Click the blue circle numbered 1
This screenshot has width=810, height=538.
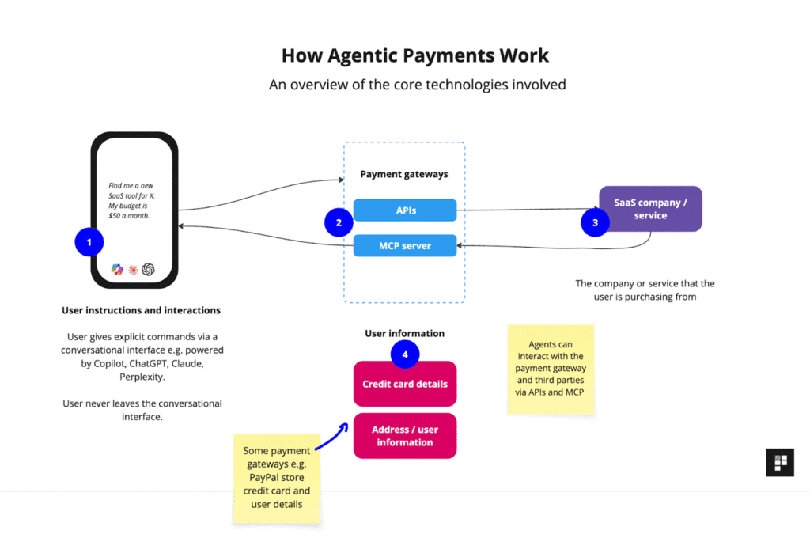pyautogui.click(x=89, y=242)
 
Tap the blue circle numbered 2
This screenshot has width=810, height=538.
pyautogui.click(x=339, y=222)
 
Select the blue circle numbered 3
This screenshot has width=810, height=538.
pyautogui.click(x=595, y=222)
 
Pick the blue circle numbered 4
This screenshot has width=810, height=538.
pyautogui.click(x=404, y=354)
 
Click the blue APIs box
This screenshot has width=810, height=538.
pyautogui.click(x=404, y=210)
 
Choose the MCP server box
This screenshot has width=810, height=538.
pyautogui.click(x=404, y=245)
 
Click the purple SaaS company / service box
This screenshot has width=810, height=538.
pyautogui.click(x=650, y=209)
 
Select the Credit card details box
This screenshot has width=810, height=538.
pyautogui.click(x=404, y=384)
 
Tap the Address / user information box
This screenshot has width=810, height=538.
pyautogui.click(x=404, y=436)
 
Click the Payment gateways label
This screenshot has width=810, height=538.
pyautogui.click(x=404, y=174)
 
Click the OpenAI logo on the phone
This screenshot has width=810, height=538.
pyautogui.click(x=148, y=269)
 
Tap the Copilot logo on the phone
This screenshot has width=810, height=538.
pyautogui.click(x=117, y=269)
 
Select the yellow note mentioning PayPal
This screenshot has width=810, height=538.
pyautogui.click(x=277, y=478)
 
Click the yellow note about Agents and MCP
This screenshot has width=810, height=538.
pyautogui.click(x=551, y=369)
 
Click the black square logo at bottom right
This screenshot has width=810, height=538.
pyautogui.click(x=779, y=462)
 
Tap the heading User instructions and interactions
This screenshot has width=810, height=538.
pyautogui.click(x=142, y=310)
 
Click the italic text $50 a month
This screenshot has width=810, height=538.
pyautogui.click(x=129, y=215)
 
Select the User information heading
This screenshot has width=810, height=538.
pyautogui.click(x=404, y=333)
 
